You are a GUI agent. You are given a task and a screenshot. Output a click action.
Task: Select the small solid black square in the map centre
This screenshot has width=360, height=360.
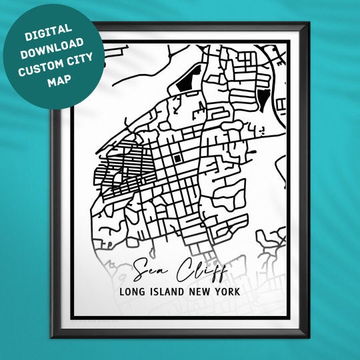(178, 158)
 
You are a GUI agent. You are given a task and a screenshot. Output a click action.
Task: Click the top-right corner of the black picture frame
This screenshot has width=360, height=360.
(308, 25)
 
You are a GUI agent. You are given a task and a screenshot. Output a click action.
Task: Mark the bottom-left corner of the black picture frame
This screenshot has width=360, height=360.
(51, 339)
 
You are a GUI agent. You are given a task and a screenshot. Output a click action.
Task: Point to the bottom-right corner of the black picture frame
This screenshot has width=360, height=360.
(308, 339)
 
